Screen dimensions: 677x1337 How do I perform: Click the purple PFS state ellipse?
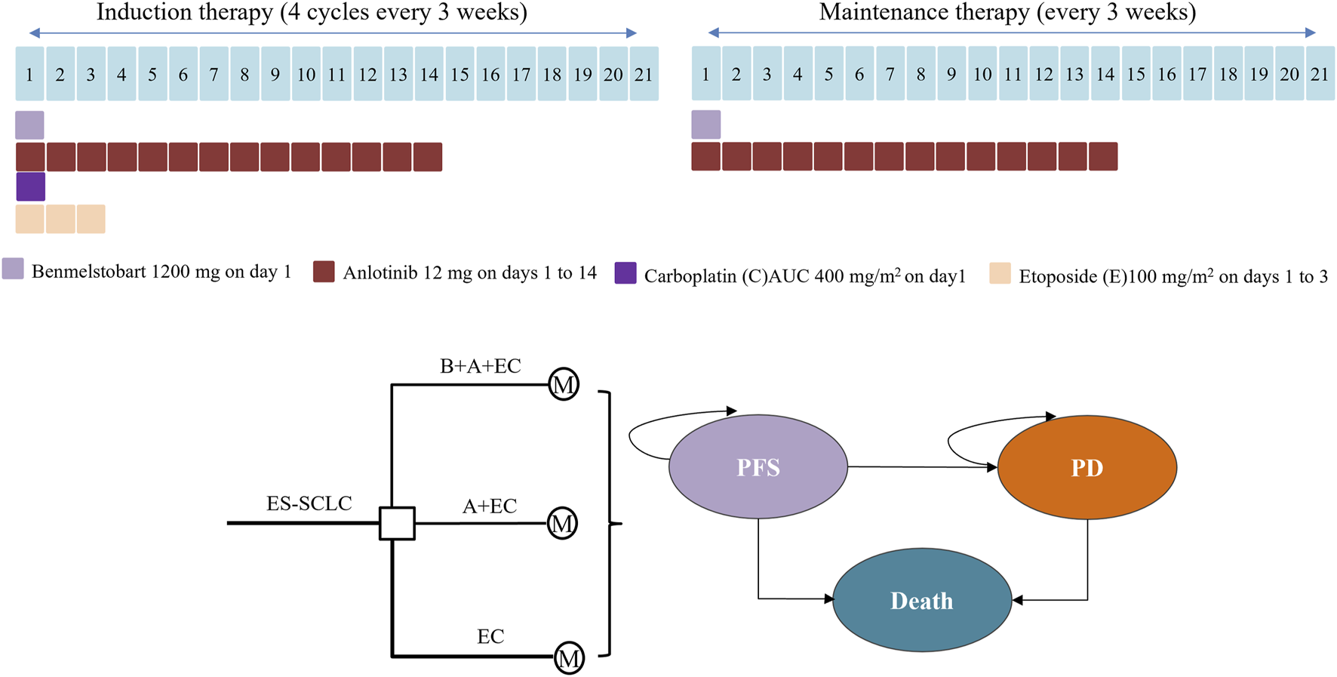click(x=758, y=467)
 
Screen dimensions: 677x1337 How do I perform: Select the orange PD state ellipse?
click(x=1087, y=467)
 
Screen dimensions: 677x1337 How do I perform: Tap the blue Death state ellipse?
click(x=921, y=601)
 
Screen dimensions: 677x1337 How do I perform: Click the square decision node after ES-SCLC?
click(x=396, y=523)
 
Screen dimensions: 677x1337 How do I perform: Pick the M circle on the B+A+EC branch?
click(x=563, y=385)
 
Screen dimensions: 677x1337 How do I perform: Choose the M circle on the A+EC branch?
click(x=562, y=523)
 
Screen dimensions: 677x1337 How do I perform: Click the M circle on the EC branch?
click(x=569, y=657)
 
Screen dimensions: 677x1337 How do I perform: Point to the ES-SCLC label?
click(x=309, y=503)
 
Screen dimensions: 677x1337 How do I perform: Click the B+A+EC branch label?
click(x=480, y=366)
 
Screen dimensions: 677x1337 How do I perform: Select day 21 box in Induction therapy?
click(x=644, y=74)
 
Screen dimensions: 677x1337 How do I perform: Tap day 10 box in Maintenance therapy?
click(x=982, y=74)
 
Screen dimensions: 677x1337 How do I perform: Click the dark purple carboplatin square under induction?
click(x=30, y=186)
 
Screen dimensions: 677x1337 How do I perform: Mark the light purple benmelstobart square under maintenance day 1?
click(x=705, y=125)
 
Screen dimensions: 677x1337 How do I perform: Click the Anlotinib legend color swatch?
click(x=324, y=272)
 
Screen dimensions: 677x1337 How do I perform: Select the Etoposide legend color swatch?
click(x=1000, y=273)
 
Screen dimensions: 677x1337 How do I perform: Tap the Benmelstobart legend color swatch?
click(x=13, y=269)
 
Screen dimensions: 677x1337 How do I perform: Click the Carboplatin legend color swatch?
click(x=625, y=273)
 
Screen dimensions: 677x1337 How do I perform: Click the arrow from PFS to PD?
click(x=921, y=467)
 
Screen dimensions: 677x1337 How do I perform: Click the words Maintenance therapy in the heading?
click(x=924, y=13)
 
